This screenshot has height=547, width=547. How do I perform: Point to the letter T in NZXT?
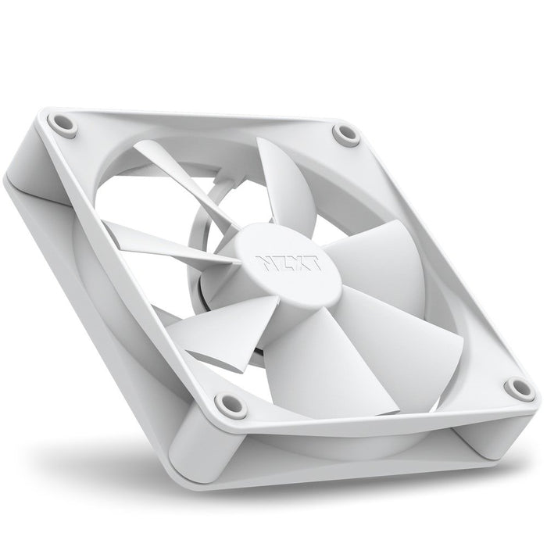coord(297,270)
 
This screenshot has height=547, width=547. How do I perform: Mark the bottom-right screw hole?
coord(517,386)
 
